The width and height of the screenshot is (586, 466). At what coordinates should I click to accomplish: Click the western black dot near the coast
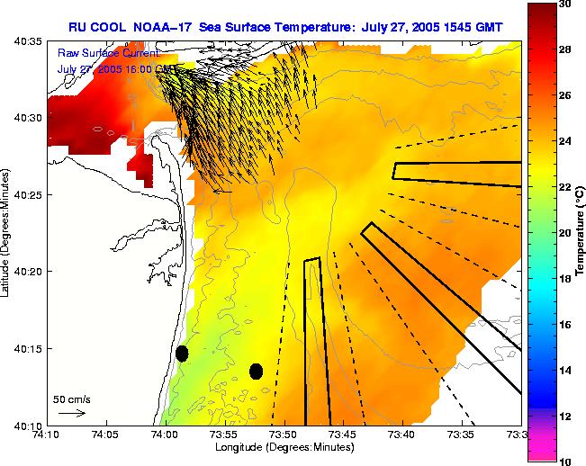[x=182, y=354]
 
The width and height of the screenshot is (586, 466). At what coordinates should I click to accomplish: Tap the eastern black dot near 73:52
[x=256, y=371]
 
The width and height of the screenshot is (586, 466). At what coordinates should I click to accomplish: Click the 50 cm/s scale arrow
[x=71, y=413]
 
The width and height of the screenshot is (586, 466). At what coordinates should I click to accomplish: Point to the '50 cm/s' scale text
[x=71, y=399]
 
